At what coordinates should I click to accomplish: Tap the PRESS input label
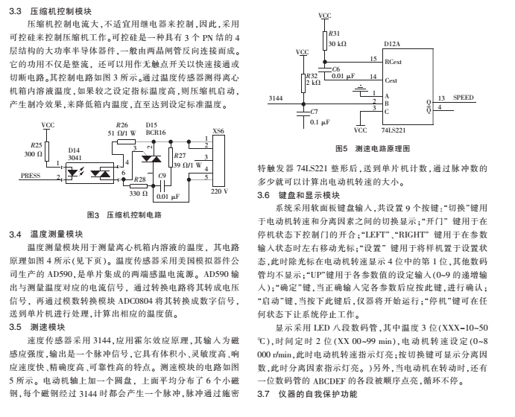(31, 176)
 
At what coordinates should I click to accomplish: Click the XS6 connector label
(218, 130)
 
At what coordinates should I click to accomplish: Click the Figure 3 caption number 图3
(93, 214)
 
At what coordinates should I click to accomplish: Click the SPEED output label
(464, 98)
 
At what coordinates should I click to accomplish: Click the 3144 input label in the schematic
(275, 98)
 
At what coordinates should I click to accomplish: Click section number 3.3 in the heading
(15, 13)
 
